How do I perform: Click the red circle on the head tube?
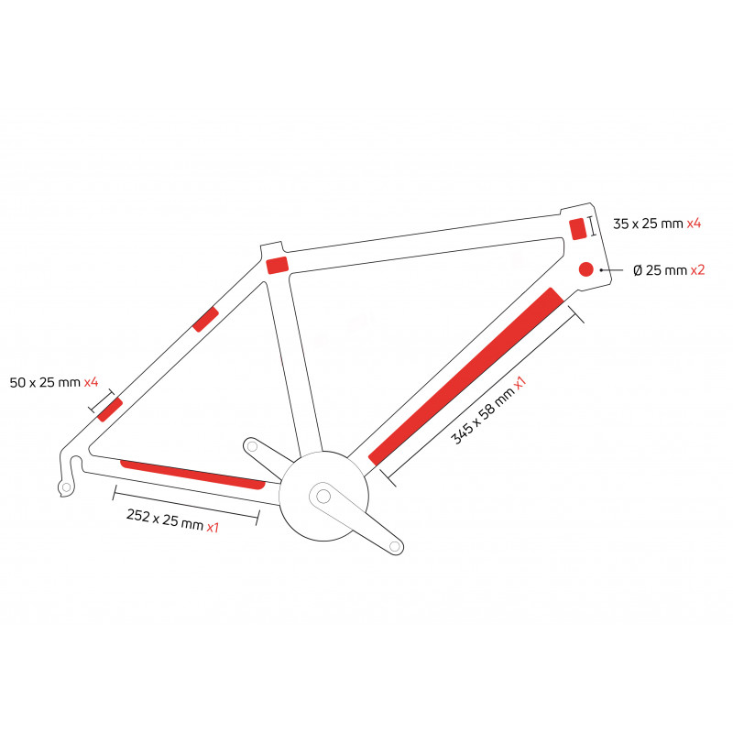click(x=585, y=269)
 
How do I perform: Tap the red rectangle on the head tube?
click(x=578, y=229)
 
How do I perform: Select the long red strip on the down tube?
click(x=466, y=377)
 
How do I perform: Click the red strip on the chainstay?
click(x=192, y=475)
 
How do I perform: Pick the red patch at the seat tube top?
click(x=278, y=265)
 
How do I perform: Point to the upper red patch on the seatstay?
click(x=205, y=319)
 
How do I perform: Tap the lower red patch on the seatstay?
click(x=110, y=410)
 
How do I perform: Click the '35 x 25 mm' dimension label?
click(x=648, y=224)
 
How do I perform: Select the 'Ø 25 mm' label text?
click(x=660, y=270)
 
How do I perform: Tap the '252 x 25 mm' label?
click(x=165, y=520)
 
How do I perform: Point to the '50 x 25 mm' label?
click(x=45, y=382)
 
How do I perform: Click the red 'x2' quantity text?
click(x=697, y=270)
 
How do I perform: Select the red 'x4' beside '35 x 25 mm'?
click(x=694, y=224)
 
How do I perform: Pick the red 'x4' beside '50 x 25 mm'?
click(x=91, y=382)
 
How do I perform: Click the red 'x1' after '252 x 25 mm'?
click(x=213, y=528)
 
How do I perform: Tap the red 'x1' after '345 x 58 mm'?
click(x=520, y=383)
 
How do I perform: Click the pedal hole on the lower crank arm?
click(x=395, y=546)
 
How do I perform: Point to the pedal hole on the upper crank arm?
click(x=252, y=446)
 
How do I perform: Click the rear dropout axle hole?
click(x=66, y=487)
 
